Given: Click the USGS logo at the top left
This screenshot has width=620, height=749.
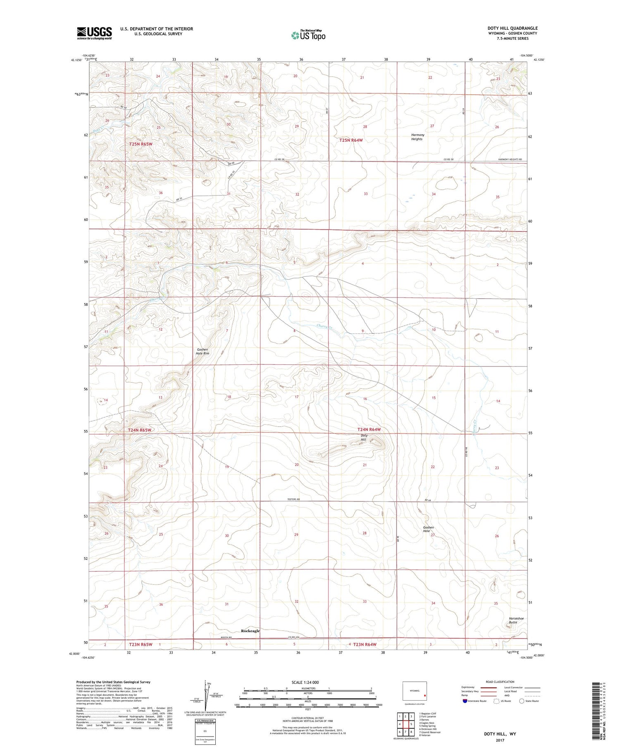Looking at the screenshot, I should tap(94, 33).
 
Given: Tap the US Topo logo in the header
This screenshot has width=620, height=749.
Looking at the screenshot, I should tap(308, 36).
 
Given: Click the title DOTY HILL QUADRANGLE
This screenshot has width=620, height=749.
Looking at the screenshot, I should tap(512, 29).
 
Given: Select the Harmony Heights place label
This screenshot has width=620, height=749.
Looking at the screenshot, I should tap(417, 137).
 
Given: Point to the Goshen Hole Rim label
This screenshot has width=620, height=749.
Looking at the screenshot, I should tap(203, 351).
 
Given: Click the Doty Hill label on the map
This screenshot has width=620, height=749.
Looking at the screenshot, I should tap(364, 438).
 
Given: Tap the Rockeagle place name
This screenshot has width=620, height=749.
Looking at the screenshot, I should tap(250, 631).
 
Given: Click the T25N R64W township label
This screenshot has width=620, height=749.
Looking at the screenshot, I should tap(351, 140).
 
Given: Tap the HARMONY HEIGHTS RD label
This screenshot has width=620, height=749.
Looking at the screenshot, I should tap(510, 159).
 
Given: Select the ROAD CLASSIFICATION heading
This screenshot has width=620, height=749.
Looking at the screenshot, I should tap(500, 682).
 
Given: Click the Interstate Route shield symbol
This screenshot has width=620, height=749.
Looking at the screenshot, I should tap(465, 701).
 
